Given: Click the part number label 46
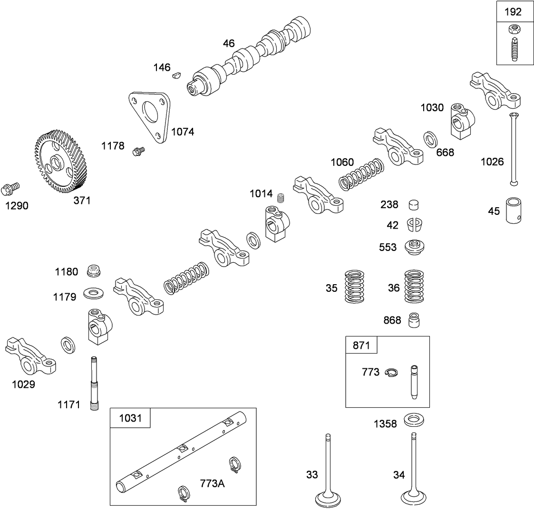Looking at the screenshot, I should click(x=229, y=43).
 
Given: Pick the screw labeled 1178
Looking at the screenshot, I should click(x=139, y=151).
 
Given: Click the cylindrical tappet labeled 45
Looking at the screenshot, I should click(x=515, y=210).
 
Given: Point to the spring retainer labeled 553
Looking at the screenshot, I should click(x=414, y=247).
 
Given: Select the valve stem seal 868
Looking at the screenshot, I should click(x=414, y=320).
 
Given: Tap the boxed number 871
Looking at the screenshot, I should click(x=361, y=345).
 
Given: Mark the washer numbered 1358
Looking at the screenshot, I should click(x=414, y=421).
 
